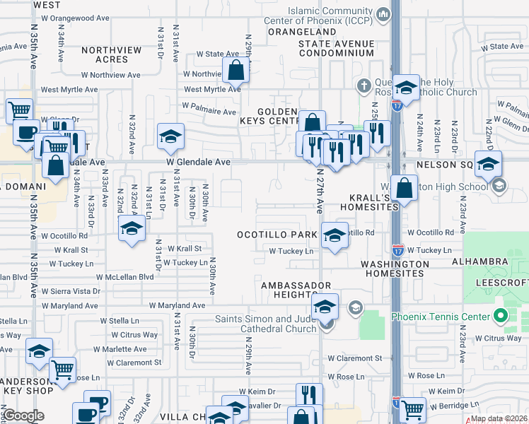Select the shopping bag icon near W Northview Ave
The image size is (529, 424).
pos(236,70)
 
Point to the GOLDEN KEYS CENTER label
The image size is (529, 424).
pos(283,117)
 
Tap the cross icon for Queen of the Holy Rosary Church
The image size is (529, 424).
pos(364,86)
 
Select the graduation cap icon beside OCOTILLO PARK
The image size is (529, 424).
pos(335,235)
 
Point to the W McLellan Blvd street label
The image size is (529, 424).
pos(124,277)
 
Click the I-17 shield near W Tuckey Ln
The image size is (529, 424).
pos(398,250)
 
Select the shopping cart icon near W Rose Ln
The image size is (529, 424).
pos(63,369)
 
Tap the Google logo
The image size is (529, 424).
pos(23,416)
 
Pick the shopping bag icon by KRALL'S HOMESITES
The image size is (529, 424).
pos(404,188)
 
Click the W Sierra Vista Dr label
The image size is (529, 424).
pos(71,291)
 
